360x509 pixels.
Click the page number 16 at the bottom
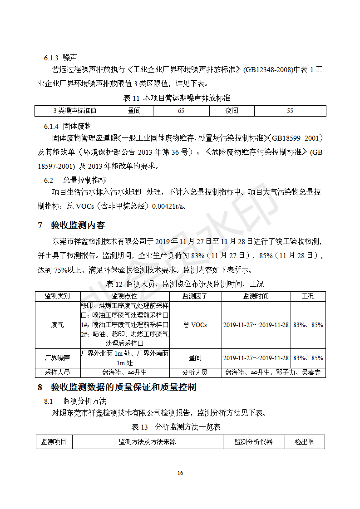coord(180,473)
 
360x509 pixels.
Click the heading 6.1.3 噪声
coord(60,58)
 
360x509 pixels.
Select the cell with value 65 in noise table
coord(181,111)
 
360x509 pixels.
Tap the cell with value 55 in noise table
coord(290,111)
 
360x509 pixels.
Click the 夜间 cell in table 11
coord(232,111)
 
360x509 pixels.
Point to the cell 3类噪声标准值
coord(75,111)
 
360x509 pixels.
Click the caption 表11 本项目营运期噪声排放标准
coord(180,98)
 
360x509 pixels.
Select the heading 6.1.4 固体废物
coord(68,126)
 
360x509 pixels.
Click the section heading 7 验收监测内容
coord(71,225)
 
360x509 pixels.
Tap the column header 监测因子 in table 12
coord(195,296)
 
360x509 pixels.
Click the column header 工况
coord(308,296)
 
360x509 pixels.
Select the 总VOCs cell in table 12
coord(195,325)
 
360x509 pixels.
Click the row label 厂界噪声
coord(58,358)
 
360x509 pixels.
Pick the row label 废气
coord(58,325)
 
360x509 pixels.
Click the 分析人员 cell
coord(195,372)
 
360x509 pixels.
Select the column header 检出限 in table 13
coord(304,441)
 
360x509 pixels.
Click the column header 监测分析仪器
coord(253,441)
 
